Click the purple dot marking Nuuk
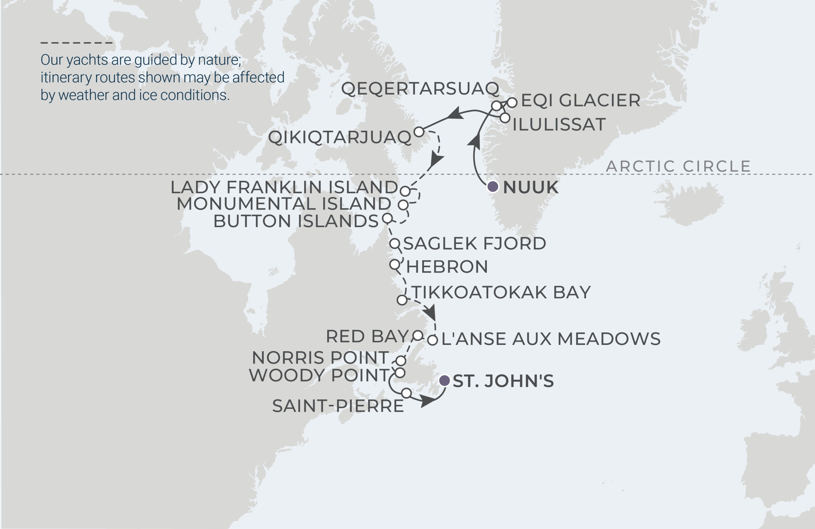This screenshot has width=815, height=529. (x=493, y=187)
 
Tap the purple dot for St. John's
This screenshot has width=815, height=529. (x=444, y=381)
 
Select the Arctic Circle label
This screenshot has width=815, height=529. (x=678, y=167)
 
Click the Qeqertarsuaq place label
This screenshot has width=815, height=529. (x=420, y=89)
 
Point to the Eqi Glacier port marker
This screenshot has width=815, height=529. (x=512, y=103)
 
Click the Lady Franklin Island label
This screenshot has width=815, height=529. (x=284, y=187)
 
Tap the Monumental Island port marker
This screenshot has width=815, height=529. (x=403, y=205)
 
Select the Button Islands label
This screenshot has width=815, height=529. (x=296, y=221)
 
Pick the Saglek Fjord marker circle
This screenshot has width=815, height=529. (x=395, y=244)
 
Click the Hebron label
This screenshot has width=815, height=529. (x=447, y=267)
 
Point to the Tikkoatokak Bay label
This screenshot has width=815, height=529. (x=501, y=293)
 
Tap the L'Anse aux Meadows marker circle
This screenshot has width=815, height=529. (x=433, y=340)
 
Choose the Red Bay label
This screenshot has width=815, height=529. (x=367, y=336)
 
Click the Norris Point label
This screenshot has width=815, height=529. (x=321, y=358)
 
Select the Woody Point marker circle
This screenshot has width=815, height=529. (x=400, y=373)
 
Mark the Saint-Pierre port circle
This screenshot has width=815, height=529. (x=407, y=393)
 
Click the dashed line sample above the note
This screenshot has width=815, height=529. (x=76, y=43)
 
